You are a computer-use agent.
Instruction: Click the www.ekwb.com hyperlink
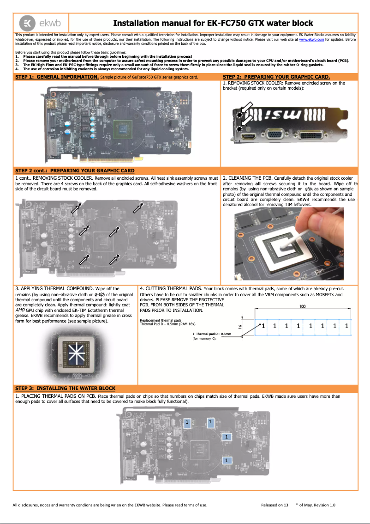pyautogui.click(x=311, y=40)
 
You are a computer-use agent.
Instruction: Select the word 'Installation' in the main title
pyautogui.click(x=136, y=23)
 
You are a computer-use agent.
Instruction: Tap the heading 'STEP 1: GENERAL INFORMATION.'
pyautogui.click(x=57, y=77)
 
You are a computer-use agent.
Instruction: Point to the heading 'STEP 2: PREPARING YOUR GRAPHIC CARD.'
pyautogui.click(x=276, y=77)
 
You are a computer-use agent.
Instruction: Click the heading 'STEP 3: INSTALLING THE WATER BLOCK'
pyautogui.click(x=65, y=388)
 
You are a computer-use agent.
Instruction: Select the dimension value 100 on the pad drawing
pyautogui.click(x=302, y=306)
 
